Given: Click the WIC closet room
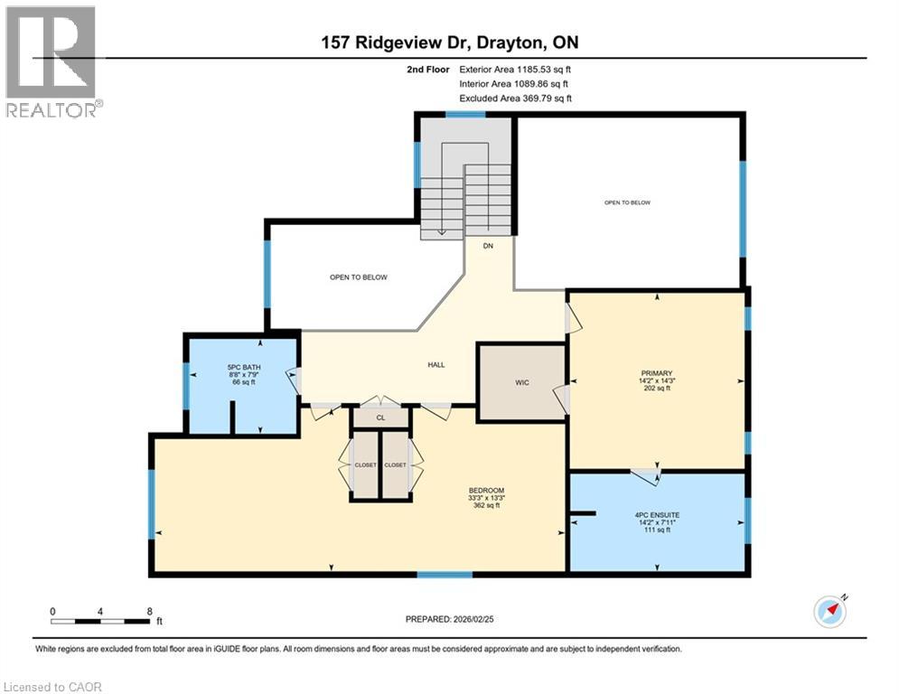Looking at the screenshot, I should click(521, 382).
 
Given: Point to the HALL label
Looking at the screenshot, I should click(435, 365).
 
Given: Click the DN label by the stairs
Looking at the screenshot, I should click(488, 246).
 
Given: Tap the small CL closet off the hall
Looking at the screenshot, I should click(380, 418).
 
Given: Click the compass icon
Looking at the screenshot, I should click(829, 611).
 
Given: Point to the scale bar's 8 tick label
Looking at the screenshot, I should click(149, 611).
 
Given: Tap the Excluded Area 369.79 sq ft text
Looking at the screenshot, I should click(515, 98).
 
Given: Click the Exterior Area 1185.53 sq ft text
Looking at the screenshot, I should click(515, 69).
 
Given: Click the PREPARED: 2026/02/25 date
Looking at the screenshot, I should click(449, 619).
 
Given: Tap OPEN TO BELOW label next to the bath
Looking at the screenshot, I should click(359, 277).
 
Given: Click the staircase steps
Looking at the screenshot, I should click(465, 199).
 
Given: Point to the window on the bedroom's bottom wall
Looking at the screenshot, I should click(445, 574).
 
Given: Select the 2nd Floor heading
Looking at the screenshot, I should click(429, 69).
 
